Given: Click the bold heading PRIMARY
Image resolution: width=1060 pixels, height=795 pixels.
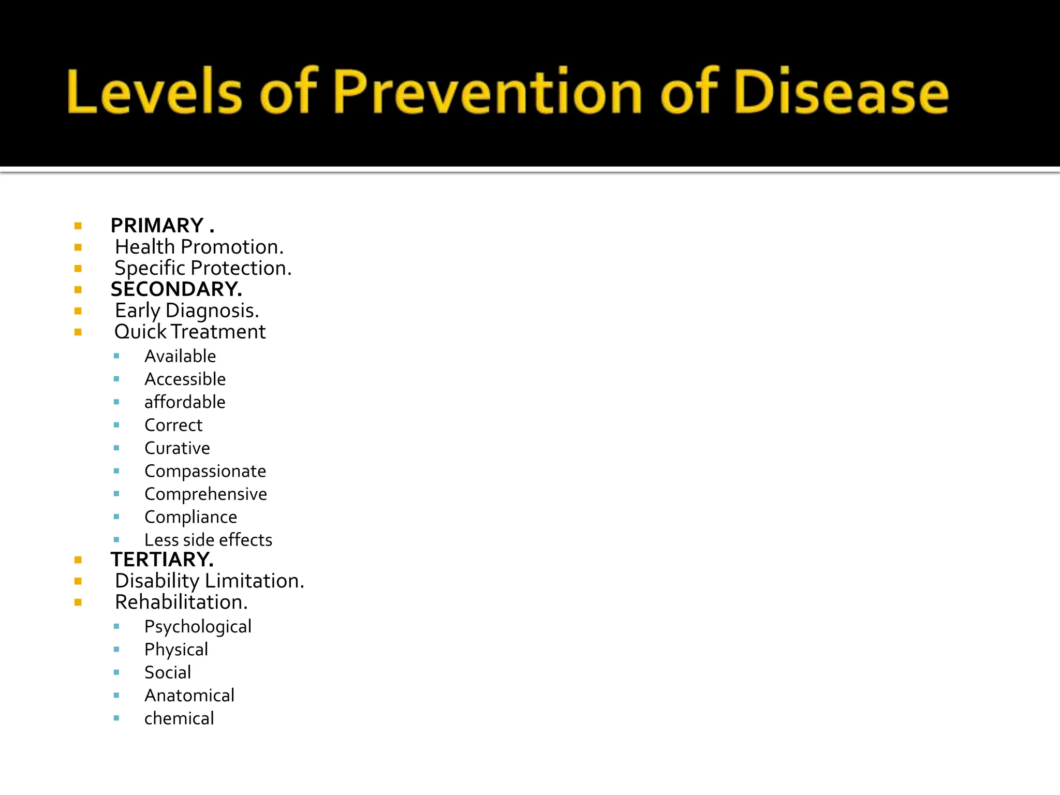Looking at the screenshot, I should (x=157, y=226).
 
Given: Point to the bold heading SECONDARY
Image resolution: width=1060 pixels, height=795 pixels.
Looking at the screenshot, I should (x=176, y=289).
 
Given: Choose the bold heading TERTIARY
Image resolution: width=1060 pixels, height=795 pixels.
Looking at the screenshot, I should (x=162, y=560).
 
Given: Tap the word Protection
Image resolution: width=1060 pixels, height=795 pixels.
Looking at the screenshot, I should (x=241, y=269).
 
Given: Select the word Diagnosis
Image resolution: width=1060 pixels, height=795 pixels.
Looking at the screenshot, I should (x=212, y=311).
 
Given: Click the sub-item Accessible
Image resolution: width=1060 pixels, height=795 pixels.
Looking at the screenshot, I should (x=185, y=379).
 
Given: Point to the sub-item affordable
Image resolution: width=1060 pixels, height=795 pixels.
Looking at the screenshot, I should (x=185, y=402).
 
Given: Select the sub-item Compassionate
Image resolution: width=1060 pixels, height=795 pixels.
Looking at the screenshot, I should (x=205, y=471).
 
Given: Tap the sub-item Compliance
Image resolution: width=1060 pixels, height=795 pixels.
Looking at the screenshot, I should (x=190, y=517).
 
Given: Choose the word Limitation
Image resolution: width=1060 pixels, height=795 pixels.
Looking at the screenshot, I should (x=254, y=581).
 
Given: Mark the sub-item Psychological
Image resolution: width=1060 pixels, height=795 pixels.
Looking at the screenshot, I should (x=198, y=627).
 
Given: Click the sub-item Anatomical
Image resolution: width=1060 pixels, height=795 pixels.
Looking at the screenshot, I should (x=189, y=696).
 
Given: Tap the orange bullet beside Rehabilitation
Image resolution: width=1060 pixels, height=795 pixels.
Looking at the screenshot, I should (x=78, y=602).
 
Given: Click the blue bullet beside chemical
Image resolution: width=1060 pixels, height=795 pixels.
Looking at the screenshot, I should (x=116, y=718).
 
